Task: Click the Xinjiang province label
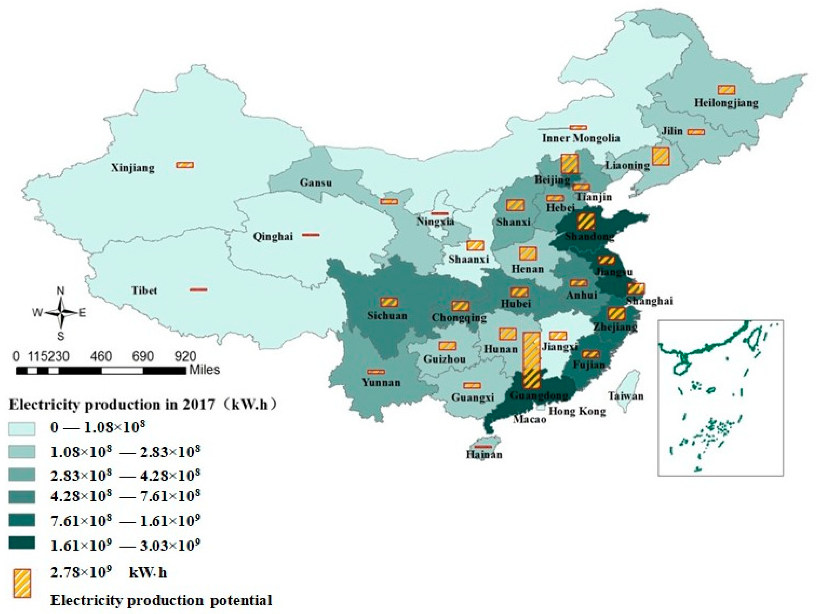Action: [x=133, y=168]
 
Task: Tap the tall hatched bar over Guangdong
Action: [x=531, y=360]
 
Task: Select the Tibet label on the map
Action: [x=144, y=290]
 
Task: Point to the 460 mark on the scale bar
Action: [x=101, y=356]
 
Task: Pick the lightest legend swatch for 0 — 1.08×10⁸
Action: [x=22, y=429]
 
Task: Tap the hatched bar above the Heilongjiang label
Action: [x=726, y=90]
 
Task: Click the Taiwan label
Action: [x=626, y=396]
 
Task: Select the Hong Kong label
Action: [x=577, y=411]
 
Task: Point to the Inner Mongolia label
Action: [x=581, y=138]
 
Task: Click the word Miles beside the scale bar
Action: [x=204, y=370]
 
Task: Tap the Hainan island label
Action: [x=484, y=454]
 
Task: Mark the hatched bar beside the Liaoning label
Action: [x=660, y=156]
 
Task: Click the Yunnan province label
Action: [x=381, y=382]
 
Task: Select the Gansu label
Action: [x=315, y=182]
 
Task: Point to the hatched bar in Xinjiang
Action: [x=185, y=165]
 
